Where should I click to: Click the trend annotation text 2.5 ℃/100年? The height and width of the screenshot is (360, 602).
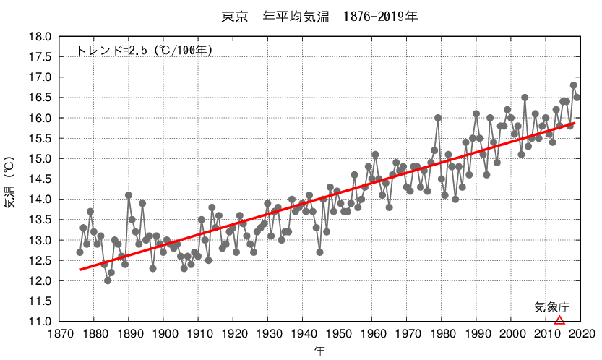click(x=145, y=51)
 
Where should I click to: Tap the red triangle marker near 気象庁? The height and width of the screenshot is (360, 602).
click(x=559, y=320)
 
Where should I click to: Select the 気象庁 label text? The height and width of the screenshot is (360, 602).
click(x=552, y=307)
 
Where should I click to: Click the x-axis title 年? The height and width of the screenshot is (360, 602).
click(x=319, y=351)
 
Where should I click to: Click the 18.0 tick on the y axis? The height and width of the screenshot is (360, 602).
click(x=40, y=37)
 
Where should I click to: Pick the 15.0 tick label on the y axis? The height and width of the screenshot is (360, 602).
click(x=40, y=159)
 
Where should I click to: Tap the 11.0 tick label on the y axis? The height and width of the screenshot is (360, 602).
click(x=40, y=322)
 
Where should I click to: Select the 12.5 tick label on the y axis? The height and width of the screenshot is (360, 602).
click(x=40, y=281)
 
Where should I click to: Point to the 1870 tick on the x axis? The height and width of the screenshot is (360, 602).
click(x=59, y=334)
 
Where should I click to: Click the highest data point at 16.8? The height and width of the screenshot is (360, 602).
click(x=573, y=85)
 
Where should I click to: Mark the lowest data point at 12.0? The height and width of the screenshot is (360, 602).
click(x=108, y=280)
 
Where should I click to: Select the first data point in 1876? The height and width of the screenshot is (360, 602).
click(x=79, y=252)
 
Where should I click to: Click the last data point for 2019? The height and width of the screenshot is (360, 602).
click(x=577, y=98)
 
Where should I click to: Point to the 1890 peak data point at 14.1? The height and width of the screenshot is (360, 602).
click(x=129, y=195)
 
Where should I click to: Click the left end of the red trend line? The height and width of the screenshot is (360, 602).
click(x=81, y=270)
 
